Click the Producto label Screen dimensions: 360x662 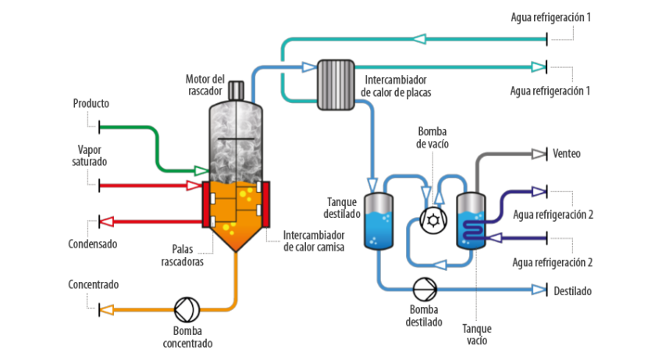(x=91, y=103)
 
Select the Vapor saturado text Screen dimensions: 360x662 (x=91, y=155)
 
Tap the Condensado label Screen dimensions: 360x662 (x=92, y=244)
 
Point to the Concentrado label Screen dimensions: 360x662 (x=93, y=285)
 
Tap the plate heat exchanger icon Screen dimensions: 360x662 (x=335, y=84)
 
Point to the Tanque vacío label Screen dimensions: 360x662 (x=475, y=334)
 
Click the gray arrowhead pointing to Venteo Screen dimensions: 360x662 (x=538, y=154)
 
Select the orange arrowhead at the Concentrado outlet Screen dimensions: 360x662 (x=108, y=309)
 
